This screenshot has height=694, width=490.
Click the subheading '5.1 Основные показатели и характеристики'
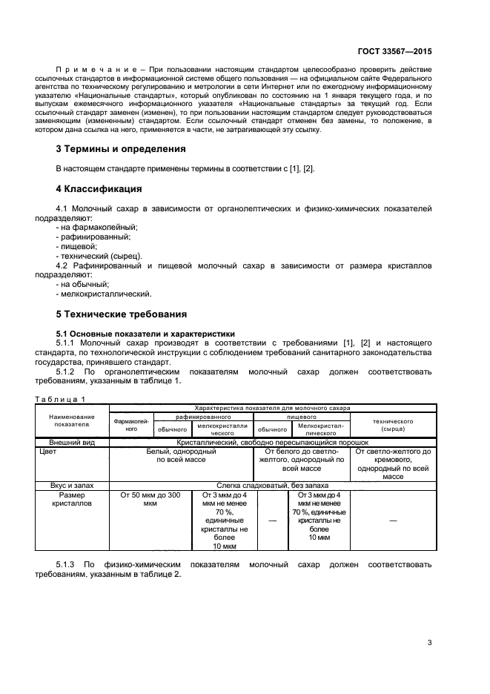pyautogui.click(x=145, y=334)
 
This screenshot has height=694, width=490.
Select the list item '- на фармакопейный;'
pyautogui.click(x=96, y=227)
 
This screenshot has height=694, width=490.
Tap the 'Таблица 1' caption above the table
pyautogui.click(x=60, y=399)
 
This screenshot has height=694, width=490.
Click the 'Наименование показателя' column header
pyautogui.click(x=72, y=421)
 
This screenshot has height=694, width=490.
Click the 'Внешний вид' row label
pyautogui.click(x=72, y=442)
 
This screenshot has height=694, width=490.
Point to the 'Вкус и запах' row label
pyautogui.click(x=72, y=484)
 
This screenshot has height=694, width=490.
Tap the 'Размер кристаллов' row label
pyautogui.click(x=72, y=499)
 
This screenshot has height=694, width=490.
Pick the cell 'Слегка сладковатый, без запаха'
pyautogui.click(x=271, y=484)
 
